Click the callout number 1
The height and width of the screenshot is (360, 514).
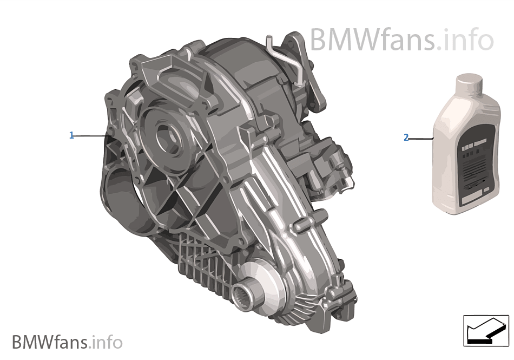(x=71, y=135)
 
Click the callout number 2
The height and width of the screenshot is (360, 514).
(x=406, y=138)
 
